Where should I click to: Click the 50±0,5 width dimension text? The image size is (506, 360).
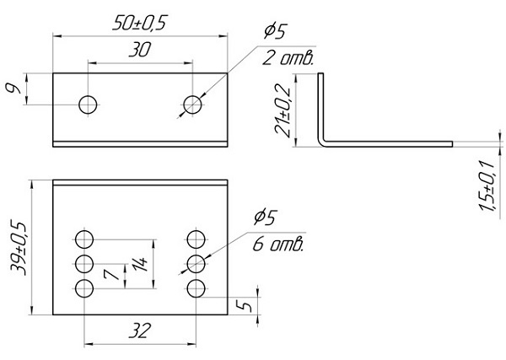coord(141,24)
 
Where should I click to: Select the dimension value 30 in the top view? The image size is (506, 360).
coord(140,51)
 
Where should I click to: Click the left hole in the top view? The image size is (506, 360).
coord(88,105)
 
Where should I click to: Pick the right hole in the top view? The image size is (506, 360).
coord(193,105)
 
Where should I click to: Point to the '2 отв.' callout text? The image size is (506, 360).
coord(288,58)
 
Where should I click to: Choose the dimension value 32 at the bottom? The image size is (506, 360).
coord(140,331)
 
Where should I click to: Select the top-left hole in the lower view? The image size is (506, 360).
coord(84,237)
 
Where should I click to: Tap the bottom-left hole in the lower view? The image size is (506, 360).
coord(84,289)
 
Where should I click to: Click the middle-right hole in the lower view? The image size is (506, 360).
coord(196,263)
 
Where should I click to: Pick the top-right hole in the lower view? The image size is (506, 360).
coord(196,237)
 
